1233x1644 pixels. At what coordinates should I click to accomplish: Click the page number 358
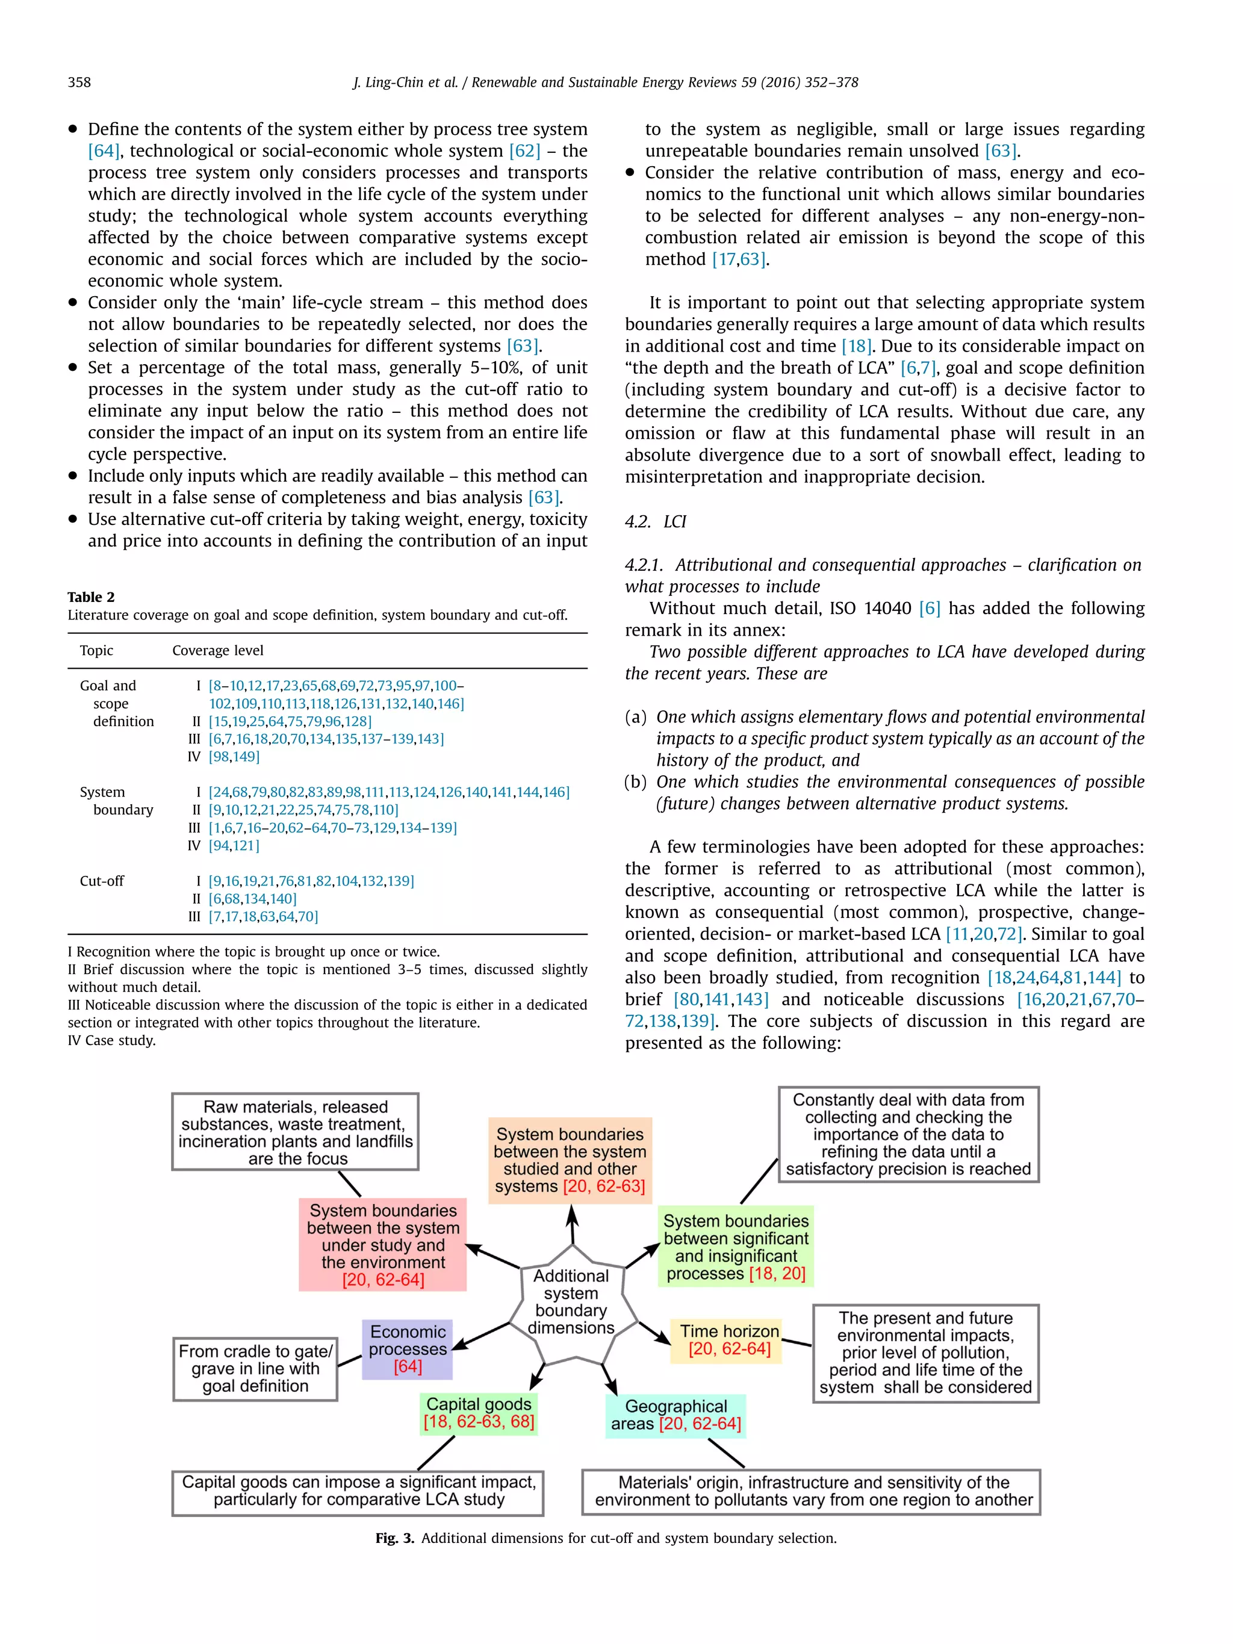pyautogui.click(x=79, y=82)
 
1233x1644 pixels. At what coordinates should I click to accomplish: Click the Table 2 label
pyautogui.click(x=91, y=597)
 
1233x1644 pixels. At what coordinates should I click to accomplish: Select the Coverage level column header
pyautogui.click(x=218, y=650)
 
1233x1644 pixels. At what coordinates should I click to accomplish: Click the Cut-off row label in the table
pyautogui.click(x=102, y=881)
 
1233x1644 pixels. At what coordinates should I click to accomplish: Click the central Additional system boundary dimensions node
pyautogui.click(x=571, y=1301)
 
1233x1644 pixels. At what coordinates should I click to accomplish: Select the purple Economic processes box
pyautogui.click(x=407, y=1349)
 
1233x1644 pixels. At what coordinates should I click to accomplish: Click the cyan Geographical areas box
pyautogui.click(x=676, y=1415)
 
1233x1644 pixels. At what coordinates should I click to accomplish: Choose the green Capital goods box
pyautogui.click(x=479, y=1413)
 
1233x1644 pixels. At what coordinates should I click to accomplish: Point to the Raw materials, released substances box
pyautogui.click(x=295, y=1132)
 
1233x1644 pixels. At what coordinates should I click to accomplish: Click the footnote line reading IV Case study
pyautogui.click(x=111, y=1040)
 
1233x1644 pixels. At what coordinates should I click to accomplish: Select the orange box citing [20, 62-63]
pyautogui.click(x=570, y=1160)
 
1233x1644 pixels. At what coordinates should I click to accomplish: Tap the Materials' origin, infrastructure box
pyautogui.click(x=811, y=1492)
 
